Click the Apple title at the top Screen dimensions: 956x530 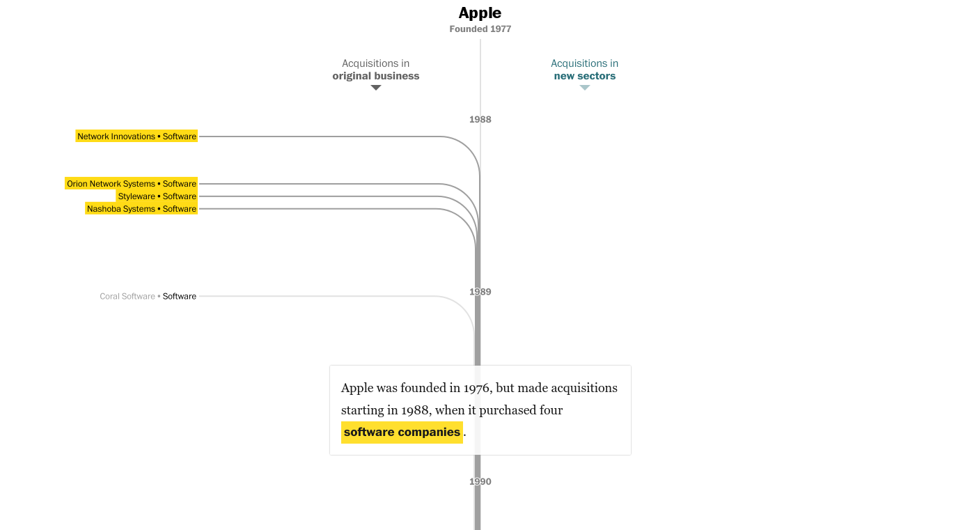(480, 13)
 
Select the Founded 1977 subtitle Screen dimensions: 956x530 (480, 29)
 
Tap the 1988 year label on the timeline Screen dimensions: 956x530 (480, 120)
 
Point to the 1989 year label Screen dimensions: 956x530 (480, 292)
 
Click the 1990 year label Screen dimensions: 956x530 (480, 482)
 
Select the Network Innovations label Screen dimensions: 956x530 (116, 137)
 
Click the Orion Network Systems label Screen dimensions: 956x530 (111, 184)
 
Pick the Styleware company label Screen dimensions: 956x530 (136, 196)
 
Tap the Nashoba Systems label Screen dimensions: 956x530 (121, 209)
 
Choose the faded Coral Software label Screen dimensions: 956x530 (127, 297)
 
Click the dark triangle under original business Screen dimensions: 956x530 (376, 88)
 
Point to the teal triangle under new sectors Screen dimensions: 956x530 (584, 88)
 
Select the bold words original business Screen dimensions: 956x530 (376, 76)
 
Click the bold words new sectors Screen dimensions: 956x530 (584, 76)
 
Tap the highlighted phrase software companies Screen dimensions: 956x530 (402, 432)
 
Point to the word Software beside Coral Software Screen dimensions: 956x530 (180, 297)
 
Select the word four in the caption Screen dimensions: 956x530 (551, 410)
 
